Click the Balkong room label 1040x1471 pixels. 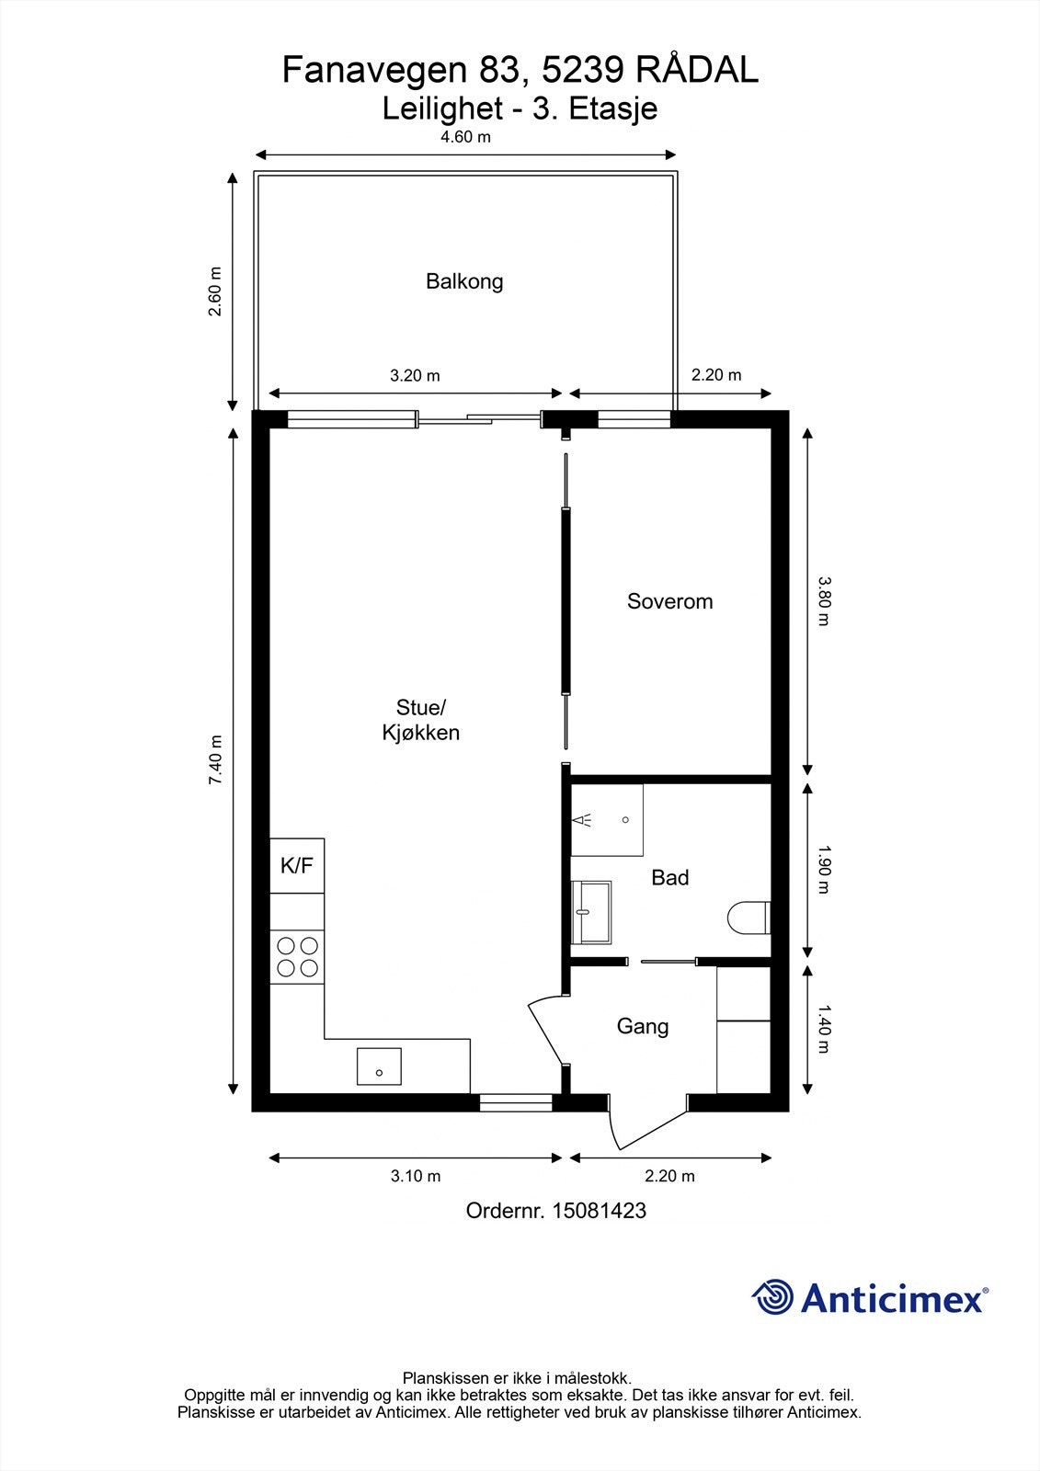(464, 281)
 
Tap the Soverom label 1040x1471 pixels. (669, 601)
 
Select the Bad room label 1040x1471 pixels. (670, 877)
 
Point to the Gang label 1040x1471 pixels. (643, 1026)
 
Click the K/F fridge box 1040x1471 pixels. (297, 865)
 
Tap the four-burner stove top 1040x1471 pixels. (297, 957)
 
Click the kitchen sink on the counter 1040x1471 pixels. (379, 1066)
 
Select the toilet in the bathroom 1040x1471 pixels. (749, 918)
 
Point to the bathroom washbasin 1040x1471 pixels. (590, 912)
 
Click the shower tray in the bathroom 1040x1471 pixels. (606, 819)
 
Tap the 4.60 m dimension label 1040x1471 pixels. (465, 137)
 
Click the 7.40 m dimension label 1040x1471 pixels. (215, 759)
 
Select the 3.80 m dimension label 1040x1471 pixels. (825, 601)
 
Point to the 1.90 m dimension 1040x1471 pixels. (825, 870)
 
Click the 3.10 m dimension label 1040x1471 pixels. (416, 1176)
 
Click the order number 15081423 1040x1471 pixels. (600, 1210)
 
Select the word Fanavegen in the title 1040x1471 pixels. (374, 71)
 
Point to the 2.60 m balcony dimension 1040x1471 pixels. (215, 291)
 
